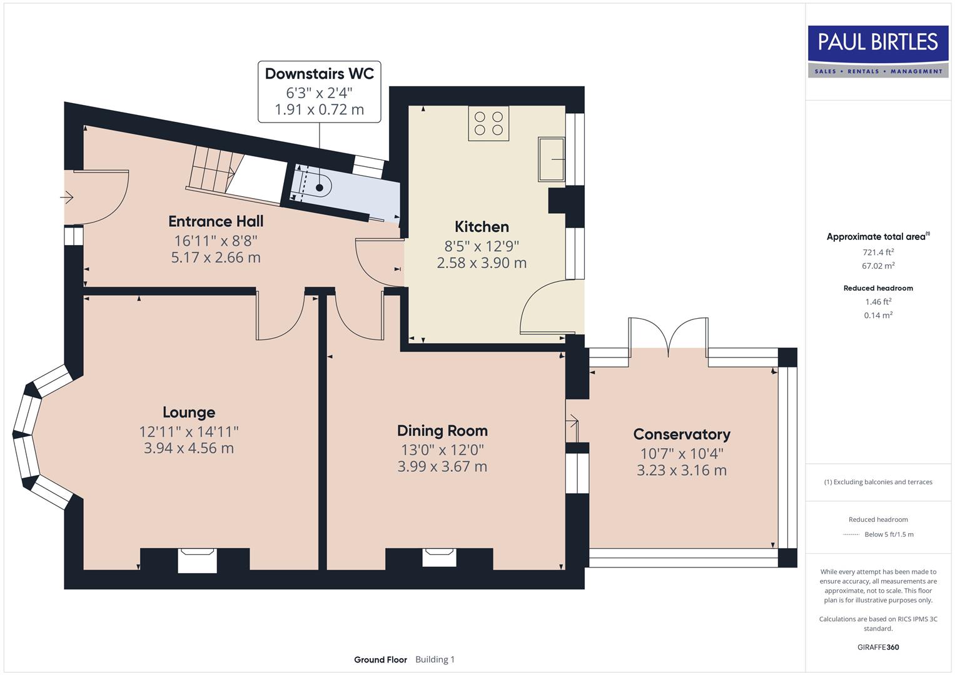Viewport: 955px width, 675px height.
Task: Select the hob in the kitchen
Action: (488, 123)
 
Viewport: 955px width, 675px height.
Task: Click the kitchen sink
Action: (551, 159)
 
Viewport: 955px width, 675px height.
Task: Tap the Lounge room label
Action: (189, 412)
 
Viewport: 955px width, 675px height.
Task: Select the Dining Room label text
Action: (442, 431)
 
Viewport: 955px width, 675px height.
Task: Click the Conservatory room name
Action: (681, 434)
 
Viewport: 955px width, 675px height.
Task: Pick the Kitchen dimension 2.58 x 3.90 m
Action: (482, 263)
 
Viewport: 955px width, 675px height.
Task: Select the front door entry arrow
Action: (67, 198)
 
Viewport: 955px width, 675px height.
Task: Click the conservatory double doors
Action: (669, 337)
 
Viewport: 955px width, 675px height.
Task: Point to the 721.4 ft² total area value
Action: (877, 252)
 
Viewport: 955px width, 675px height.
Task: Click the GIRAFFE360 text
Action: (877, 647)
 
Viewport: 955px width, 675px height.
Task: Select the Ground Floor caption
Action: (380, 659)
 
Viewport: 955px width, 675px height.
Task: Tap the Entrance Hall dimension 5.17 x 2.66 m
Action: (216, 257)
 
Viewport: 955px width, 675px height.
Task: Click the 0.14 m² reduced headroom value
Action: (877, 316)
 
